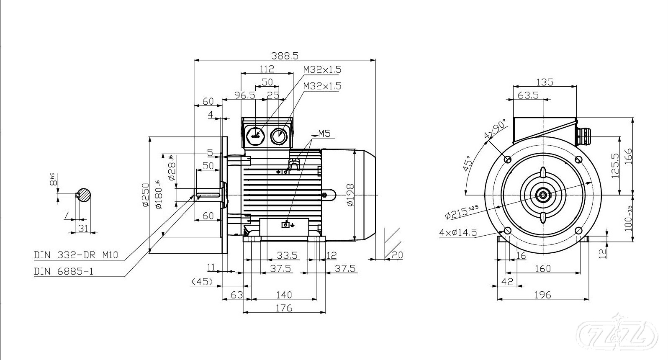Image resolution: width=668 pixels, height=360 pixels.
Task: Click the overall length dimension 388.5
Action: (x=285, y=55)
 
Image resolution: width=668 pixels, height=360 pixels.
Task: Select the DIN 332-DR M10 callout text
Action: (x=76, y=255)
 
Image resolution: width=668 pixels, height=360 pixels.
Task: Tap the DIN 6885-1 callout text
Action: (x=64, y=271)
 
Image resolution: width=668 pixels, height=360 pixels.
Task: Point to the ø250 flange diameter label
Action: (x=145, y=195)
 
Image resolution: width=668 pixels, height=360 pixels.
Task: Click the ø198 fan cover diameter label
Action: (x=350, y=195)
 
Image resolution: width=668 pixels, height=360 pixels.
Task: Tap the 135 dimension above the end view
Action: (x=545, y=82)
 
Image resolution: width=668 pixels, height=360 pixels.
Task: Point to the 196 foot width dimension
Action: (x=542, y=295)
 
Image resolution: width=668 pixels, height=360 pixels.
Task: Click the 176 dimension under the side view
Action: (x=284, y=308)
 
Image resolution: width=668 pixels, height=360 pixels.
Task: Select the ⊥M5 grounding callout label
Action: (x=321, y=134)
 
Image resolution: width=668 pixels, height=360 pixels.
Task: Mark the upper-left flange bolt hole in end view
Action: (x=508, y=159)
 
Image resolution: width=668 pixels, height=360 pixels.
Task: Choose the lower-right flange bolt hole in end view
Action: (x=578, y=230)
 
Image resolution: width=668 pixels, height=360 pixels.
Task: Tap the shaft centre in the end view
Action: (x=543, y=195)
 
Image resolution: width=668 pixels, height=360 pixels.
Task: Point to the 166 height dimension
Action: (x=629, y=157)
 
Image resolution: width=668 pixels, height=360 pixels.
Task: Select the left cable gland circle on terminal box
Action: (x=255, y=135)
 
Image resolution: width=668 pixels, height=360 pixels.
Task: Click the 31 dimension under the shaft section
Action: (x=83, y=228)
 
